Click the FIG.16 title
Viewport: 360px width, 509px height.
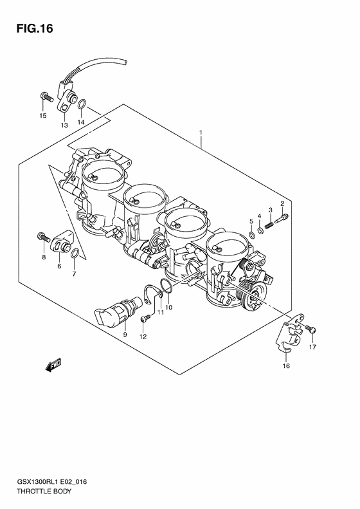[30, 28]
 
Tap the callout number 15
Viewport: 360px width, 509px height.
[43, 116]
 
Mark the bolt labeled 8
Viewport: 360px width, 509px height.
[43, 236]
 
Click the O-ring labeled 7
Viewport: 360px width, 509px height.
[75, 252]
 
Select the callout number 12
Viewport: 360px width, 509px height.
[143, 337]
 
